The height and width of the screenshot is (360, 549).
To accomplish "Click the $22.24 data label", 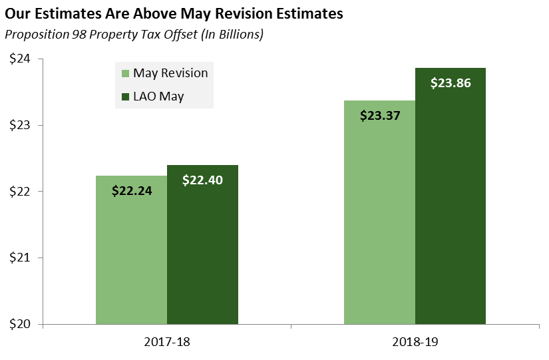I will [x=132, y=191].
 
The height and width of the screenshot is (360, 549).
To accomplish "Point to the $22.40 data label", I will [x=202, y=180].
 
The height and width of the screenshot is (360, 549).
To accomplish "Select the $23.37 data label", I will [x=380, y=115].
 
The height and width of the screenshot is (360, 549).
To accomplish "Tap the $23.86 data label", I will [x=451, y=84].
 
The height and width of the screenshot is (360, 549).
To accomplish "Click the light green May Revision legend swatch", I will [x=124, y=73].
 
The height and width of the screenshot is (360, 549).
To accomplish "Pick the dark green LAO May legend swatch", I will [x=124, y=96].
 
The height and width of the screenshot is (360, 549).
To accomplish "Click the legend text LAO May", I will [x=158, y=96].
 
